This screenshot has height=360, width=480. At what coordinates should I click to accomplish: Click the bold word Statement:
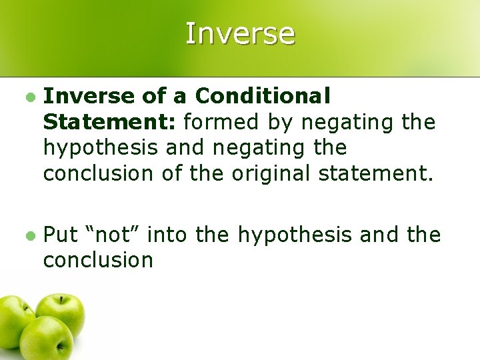coord(110,123)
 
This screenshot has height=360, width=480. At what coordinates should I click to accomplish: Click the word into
coord(167,235)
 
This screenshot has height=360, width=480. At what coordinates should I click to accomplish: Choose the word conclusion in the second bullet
coord(99,260)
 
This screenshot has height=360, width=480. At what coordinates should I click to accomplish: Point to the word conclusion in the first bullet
coord(99,173)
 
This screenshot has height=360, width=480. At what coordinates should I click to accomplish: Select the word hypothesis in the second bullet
coord(295,235)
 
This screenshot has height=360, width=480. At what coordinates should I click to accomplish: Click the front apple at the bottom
coord(47,340)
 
